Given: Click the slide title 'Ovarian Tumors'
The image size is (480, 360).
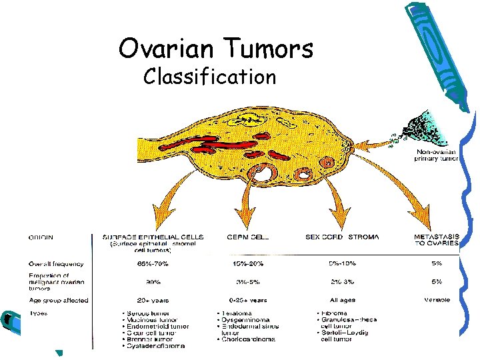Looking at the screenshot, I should click(215, 48).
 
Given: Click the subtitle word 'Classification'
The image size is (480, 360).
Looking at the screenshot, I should click(209, 77).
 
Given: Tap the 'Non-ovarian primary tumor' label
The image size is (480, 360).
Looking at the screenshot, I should click(434, 155).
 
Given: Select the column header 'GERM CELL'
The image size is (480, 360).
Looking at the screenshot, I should click(247, 236).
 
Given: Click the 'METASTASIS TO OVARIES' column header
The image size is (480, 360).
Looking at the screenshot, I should click(436, 239).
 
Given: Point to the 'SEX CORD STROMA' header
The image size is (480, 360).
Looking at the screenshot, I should click(341, 236).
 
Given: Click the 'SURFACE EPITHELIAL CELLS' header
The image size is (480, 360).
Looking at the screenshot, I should click(153, 236).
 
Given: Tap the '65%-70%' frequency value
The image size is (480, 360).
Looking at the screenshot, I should click(153, 263).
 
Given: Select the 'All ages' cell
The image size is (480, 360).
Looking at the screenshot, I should click(341, 300).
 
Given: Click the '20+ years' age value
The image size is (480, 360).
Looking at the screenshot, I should click(153, 300).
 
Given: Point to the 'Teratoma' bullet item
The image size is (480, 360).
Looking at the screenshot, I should click(236, 313).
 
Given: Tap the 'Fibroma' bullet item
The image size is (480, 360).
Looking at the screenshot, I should click(333, 313).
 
